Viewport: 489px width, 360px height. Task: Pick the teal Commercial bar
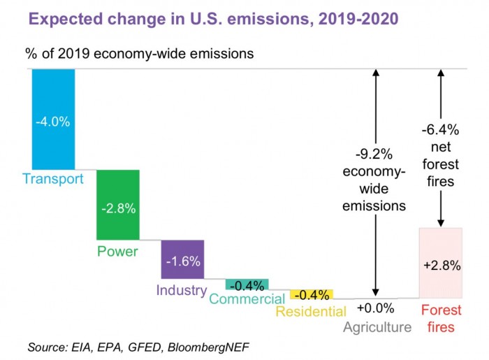click(247, 285)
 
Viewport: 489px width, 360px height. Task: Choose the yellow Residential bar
click(311, 294)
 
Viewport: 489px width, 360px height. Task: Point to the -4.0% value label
click(53, 121)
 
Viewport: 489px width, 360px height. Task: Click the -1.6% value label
click(183, 261)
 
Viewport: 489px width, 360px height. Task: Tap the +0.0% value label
click(375, 308)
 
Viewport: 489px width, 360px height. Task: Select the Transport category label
click(52, 178)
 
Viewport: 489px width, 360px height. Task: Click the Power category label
click(117, 251)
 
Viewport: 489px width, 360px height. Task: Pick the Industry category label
click(182, 290)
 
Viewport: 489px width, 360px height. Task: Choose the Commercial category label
click(247, 299)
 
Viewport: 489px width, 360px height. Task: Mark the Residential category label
click(311, 311)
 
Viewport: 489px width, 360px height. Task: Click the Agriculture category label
click(378, 326)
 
